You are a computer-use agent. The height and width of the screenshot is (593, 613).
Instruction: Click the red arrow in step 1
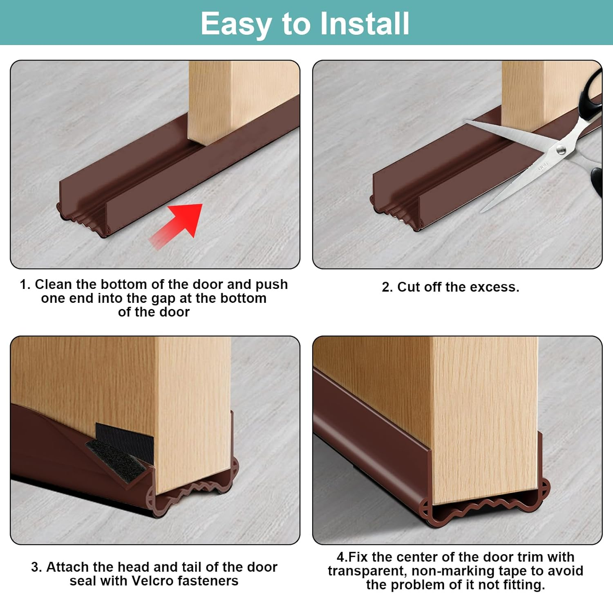[180, 223]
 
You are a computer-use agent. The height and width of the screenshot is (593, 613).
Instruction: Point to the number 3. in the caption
[36, 567]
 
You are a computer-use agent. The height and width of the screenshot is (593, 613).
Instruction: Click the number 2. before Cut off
[387, 287]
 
